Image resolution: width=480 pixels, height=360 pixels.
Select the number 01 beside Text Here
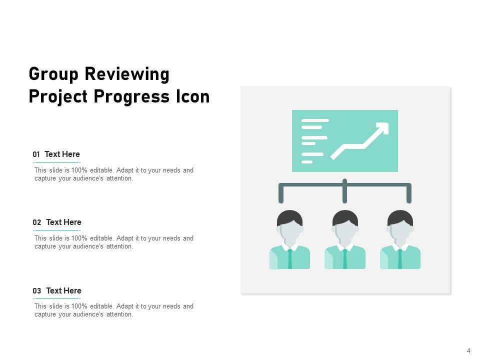tap(36, 155)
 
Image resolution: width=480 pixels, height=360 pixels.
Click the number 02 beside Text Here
tap(37, 223)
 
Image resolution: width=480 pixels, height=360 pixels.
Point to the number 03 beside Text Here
tap(37, 291)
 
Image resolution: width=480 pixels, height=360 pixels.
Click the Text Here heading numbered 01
tap(62, 154)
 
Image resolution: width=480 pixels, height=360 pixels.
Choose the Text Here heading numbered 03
tap(63, 291)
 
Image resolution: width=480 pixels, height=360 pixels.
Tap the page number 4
tap(468, 351)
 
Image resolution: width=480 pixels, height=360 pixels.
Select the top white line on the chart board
tap(315, 120)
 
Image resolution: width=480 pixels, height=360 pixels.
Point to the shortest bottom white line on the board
tap(307, 162)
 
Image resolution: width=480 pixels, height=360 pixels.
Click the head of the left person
tap(290, 228)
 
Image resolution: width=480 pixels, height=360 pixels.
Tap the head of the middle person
tap(345, 228)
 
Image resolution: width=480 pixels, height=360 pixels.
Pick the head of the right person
tap(400, 228)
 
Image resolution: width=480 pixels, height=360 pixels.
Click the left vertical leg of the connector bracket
tap(281, 194)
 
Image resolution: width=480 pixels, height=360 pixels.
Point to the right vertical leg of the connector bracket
tap(409, 194)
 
